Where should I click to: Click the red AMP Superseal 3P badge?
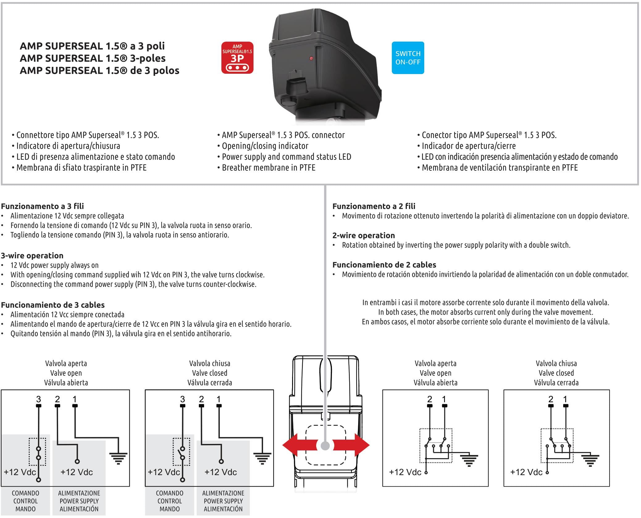point(237,58)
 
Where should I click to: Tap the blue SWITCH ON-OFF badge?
point(408,58)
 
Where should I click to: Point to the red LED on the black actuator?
point(311,58)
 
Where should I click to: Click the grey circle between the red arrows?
point(325,445)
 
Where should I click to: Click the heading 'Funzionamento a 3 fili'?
point(42,206)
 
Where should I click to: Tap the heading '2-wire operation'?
point(363,235)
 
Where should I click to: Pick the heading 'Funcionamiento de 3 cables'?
point(53,305)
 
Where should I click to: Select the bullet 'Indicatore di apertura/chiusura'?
point(66,146)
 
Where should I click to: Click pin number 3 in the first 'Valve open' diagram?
point(39,399)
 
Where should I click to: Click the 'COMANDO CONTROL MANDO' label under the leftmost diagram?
point(25,501)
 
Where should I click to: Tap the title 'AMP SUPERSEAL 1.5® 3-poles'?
point(93,58)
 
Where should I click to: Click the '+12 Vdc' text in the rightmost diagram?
point(526,472)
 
